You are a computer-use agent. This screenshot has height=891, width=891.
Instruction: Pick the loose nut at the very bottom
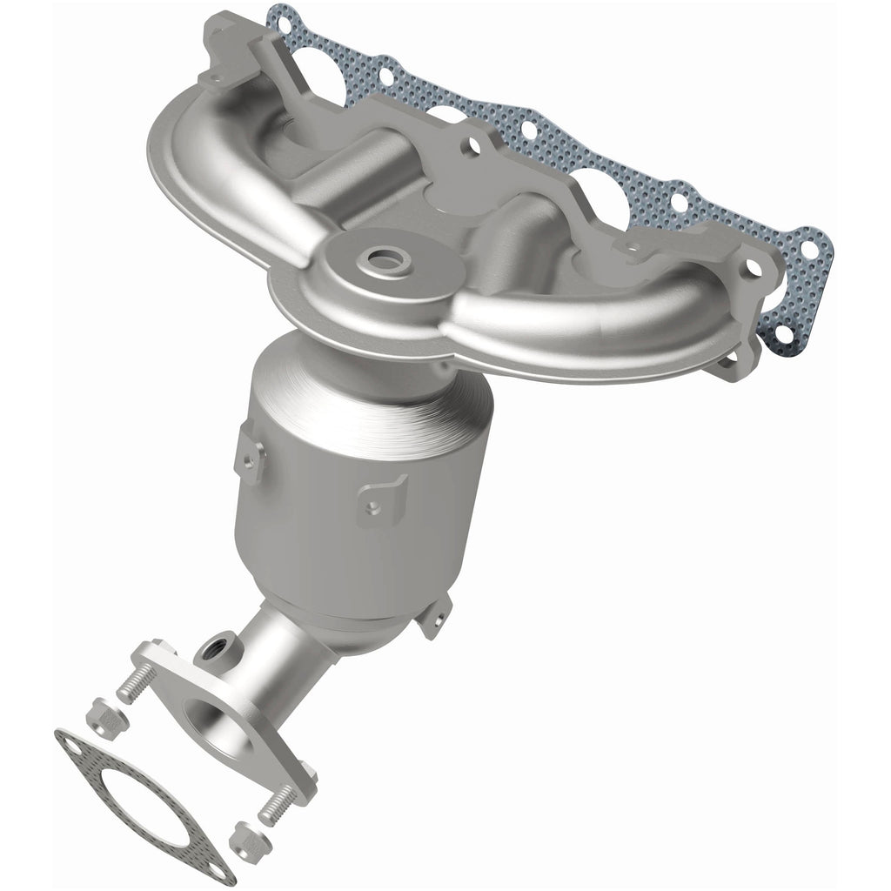[x=245, y=842]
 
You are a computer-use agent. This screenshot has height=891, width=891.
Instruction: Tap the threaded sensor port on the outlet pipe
[x=211, y=648]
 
